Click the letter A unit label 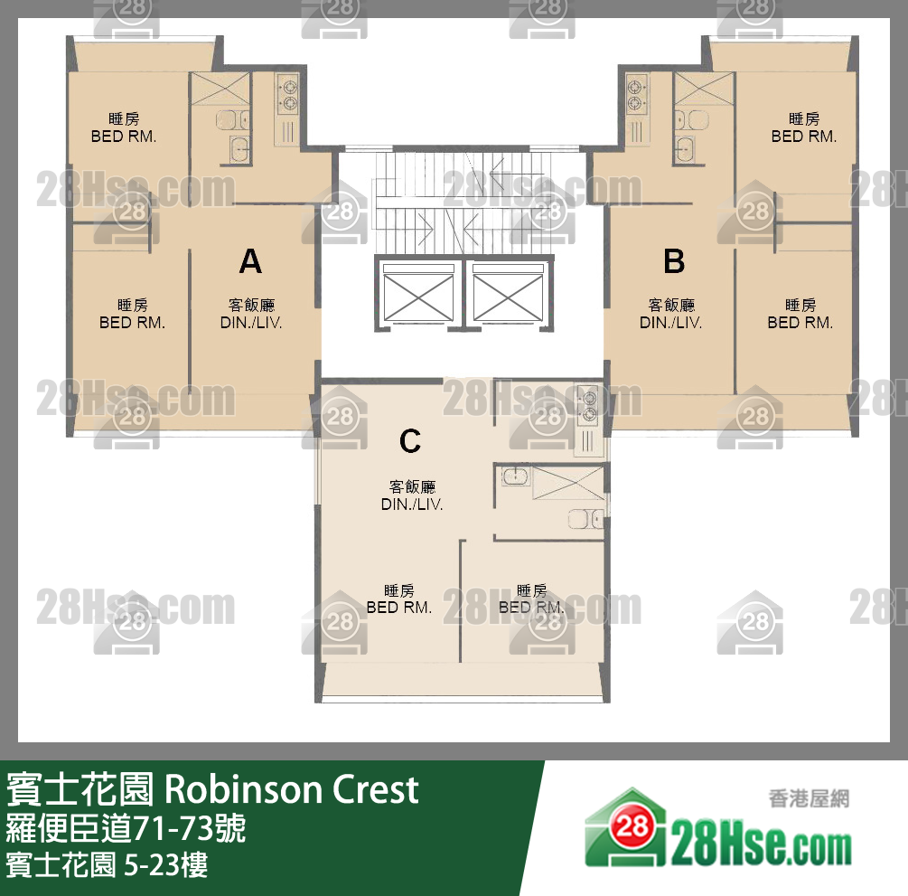(x=250, y=262)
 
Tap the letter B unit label (x=674, y=262)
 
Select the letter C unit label (x=410, y=441)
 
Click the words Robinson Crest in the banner (x=292, y=789)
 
